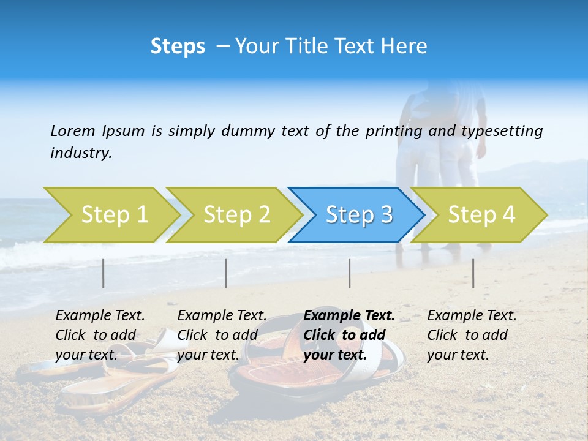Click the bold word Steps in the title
178,47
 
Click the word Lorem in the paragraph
72,131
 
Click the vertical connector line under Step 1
104,273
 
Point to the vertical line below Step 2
226,273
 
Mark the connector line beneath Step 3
350,273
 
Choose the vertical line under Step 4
473,273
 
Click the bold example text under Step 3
349,335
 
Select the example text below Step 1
100,335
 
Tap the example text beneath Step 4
472,335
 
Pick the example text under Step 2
222,335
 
